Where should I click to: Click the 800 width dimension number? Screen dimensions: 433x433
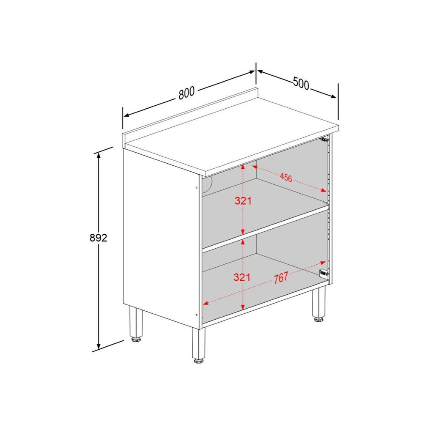tap(186, 93)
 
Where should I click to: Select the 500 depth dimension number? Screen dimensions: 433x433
tap(301, 83)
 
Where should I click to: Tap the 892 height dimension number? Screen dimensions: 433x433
tap(99, 238)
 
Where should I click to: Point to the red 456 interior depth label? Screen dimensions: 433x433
tap(286, 178)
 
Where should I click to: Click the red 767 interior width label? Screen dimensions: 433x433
tap(281, 278)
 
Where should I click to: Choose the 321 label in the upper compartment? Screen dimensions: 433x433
tap(243, 201)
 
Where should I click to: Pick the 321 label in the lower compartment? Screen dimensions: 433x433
tap(242, 277)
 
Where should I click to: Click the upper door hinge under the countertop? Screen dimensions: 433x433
tap(324, 139)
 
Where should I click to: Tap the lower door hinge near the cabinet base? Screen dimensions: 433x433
tap(323, 273)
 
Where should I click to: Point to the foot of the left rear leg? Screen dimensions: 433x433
tap(136, 339)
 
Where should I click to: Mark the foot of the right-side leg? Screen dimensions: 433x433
tap(319, 319)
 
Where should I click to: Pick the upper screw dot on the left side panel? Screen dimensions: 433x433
tap(197, 187)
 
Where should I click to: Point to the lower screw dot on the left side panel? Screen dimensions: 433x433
tap(197, 314)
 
